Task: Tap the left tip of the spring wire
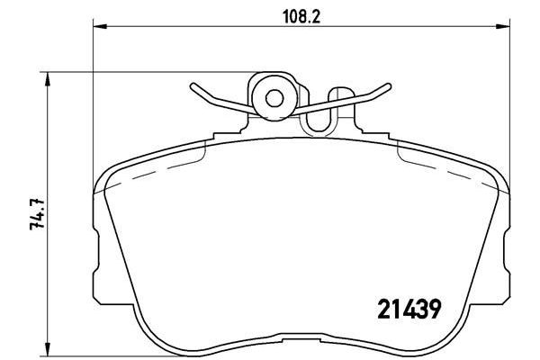coord(192,87)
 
